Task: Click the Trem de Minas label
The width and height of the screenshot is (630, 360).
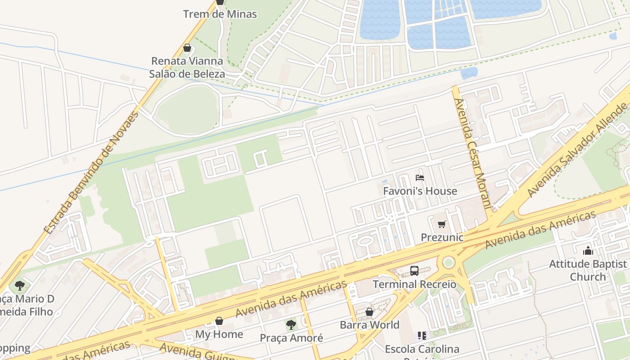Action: pos(220,14)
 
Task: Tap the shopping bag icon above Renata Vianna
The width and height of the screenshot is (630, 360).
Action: pos(187,48)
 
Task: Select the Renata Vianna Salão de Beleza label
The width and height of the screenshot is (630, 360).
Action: pos(187,67)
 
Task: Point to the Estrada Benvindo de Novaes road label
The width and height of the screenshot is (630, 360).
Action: pos(91,172)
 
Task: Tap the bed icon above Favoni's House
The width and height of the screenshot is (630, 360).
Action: pos(420,178)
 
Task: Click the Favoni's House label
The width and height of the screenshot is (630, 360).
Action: pos(420,191)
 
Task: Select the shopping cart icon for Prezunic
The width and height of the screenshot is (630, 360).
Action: pos(442,224)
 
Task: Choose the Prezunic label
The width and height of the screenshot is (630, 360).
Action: pos(442,237)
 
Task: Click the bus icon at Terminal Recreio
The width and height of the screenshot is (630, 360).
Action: pos(414,271)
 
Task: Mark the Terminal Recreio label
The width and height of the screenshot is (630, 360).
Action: pos(414,284)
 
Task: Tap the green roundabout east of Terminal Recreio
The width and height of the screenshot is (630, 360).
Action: pos(448,262)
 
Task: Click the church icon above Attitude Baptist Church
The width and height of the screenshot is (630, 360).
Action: pos(588,251)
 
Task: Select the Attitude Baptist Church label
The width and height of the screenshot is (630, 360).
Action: pos(588,270)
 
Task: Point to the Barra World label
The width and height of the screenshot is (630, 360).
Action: pos(369,325)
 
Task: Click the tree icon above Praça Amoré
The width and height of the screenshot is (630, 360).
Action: pos(291,324)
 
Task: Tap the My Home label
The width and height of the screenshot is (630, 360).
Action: pos(219,334)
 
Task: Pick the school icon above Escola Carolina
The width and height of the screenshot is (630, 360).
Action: pos(422,336)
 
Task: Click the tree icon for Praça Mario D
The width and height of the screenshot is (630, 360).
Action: pos(19,285)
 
